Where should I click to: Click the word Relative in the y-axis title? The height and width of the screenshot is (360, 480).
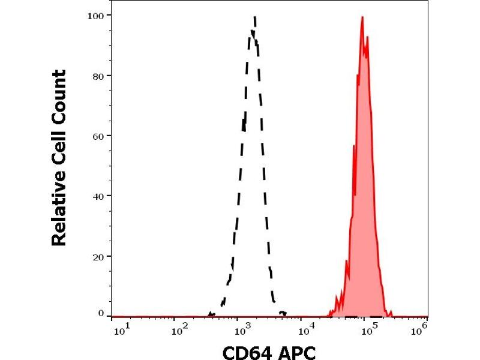[59, 210]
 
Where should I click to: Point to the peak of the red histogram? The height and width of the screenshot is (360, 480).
[362, 17]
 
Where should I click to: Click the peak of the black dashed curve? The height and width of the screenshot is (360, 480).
[255, 17]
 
